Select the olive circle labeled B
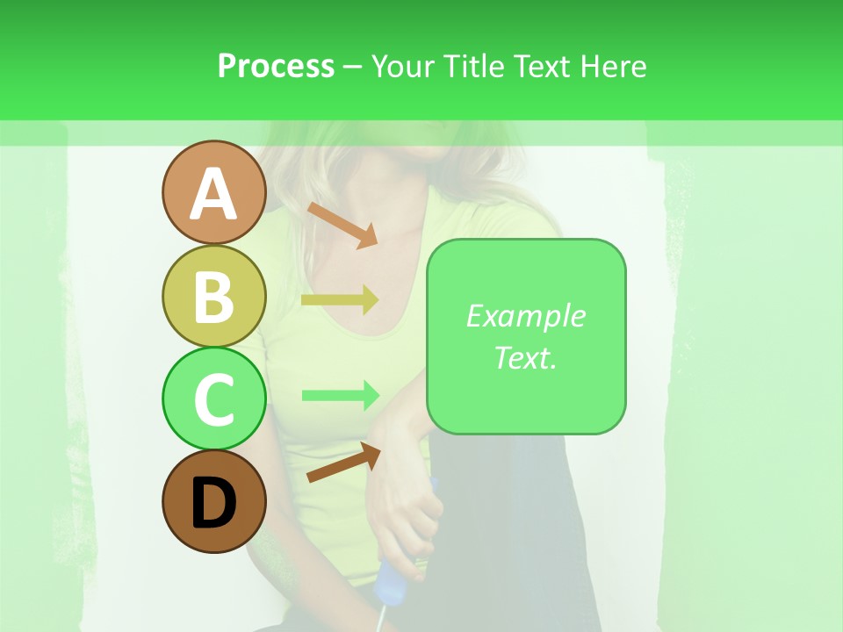click(x=213, y=296)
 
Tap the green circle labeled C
click(x=213, y=399)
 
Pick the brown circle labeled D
click(x=213, y=501)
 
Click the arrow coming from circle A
click(x=342, y=225)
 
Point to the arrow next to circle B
click(x=340, y=300)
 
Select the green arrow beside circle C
click(x=340, y=395)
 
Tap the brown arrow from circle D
click(x=343, y=462)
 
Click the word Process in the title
click(x=276, y=66)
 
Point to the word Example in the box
click(x=525, y=316)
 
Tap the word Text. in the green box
click(x=525, y=357)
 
